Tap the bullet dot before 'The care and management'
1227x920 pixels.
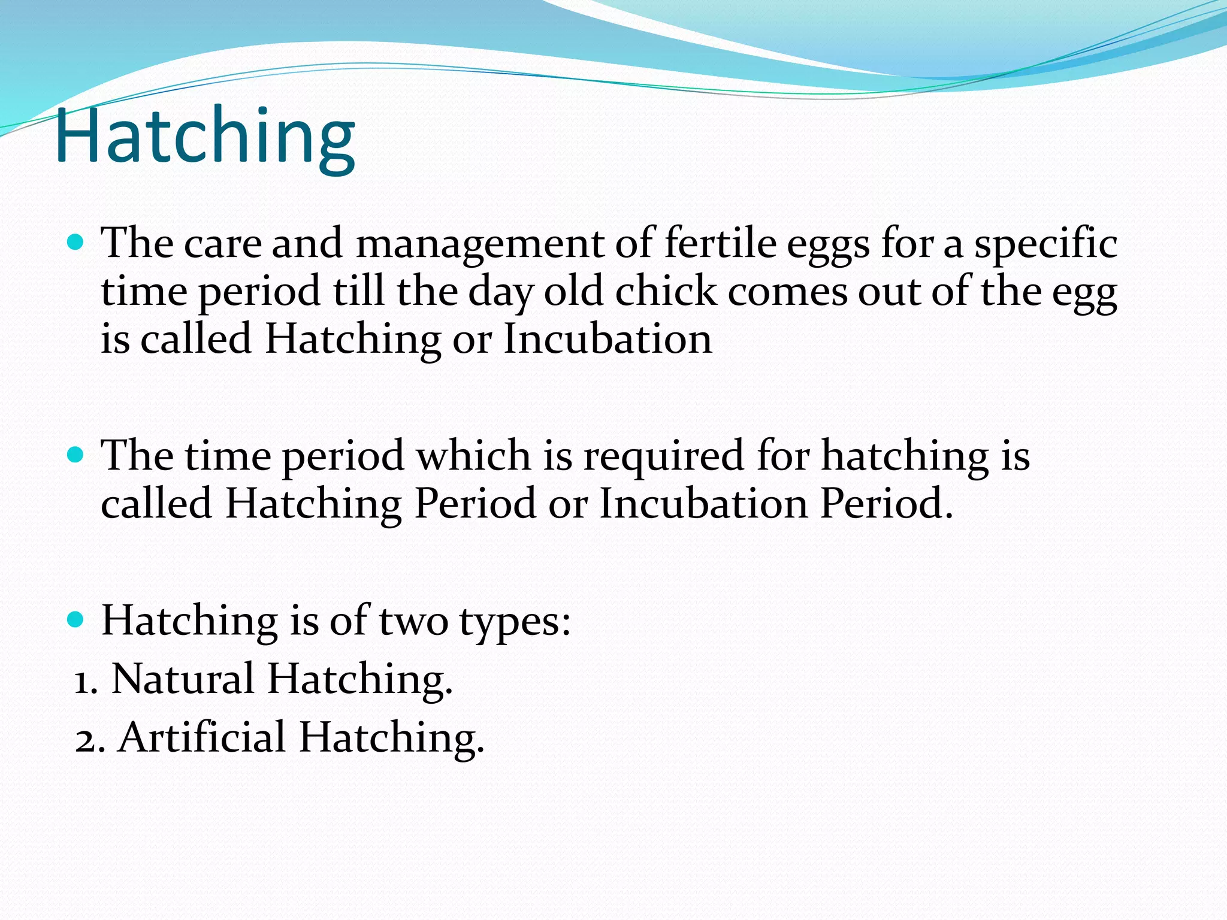click(x=75, y=242)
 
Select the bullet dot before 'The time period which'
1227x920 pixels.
click(x=75, y=455)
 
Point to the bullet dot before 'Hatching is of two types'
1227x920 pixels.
click(x=75, y=619)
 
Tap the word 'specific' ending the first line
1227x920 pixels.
click(x=1045, y=244)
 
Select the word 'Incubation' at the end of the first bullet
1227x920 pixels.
click(x=608, y=339)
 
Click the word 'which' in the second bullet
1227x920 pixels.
click(x=473, y=455)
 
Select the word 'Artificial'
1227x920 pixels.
click(x=203, y=737)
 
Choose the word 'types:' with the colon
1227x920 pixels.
click(x=515, y=622)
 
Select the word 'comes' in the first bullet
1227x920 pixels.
click(x=787, y=292)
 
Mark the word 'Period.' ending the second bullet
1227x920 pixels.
click(x=886, y=503)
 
